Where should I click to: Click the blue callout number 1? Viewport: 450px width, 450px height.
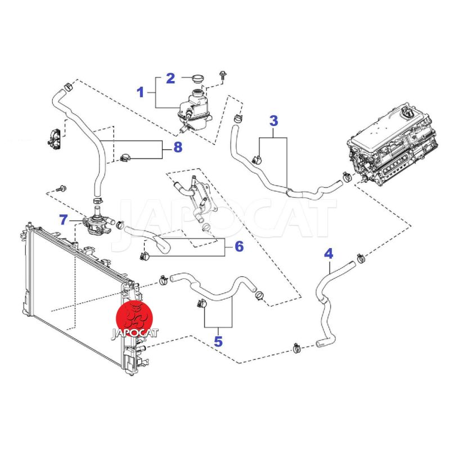[141, 91]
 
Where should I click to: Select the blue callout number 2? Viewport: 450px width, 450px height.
[170, 78]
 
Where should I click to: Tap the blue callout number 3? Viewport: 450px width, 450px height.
[274, 120]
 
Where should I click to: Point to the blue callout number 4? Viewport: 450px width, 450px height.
[328, 253]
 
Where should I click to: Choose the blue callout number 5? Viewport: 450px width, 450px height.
[218, 341]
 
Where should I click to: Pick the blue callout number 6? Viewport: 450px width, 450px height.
[239, 246]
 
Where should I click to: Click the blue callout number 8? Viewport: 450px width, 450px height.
[178, 148]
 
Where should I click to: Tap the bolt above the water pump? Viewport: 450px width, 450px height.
[61, 187]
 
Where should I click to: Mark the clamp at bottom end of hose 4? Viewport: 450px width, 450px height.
[295, 349]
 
